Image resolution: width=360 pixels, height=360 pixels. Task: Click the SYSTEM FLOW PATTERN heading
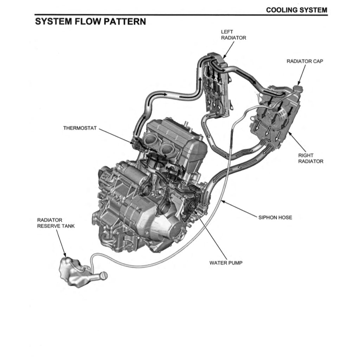click(x=90, y=21)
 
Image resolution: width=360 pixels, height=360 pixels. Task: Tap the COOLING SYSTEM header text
click(x=296, y=10)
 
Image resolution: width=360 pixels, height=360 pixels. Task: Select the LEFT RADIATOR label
click(x=233, y=35)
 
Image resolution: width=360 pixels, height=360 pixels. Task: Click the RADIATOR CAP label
click(x=305, y=61)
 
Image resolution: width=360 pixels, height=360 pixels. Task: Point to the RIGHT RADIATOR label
click(x=311, y=158)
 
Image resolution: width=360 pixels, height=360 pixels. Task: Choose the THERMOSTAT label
click(x=79, y=128)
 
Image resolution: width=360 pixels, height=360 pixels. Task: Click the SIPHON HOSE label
click(x=275, y=217)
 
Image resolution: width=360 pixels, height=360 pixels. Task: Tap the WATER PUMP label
click(x=226, y=263)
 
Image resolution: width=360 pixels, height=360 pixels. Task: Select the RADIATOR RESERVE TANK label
click(x=56, y=223)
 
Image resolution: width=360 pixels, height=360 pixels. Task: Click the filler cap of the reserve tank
click(x=104, y=277)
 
